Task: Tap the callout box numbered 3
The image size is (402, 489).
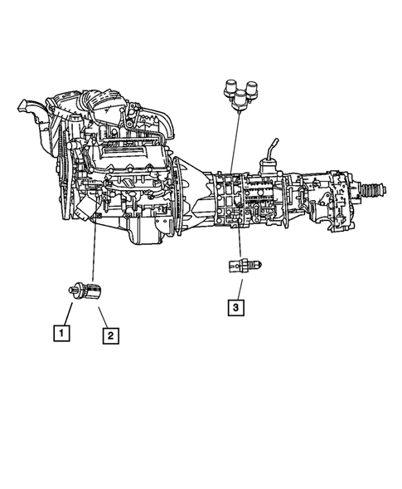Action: click(x=238, y=308)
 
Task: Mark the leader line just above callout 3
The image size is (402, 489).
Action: click(x=238, y=287)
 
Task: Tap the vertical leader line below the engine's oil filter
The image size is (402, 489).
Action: click(x=94, y=249)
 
